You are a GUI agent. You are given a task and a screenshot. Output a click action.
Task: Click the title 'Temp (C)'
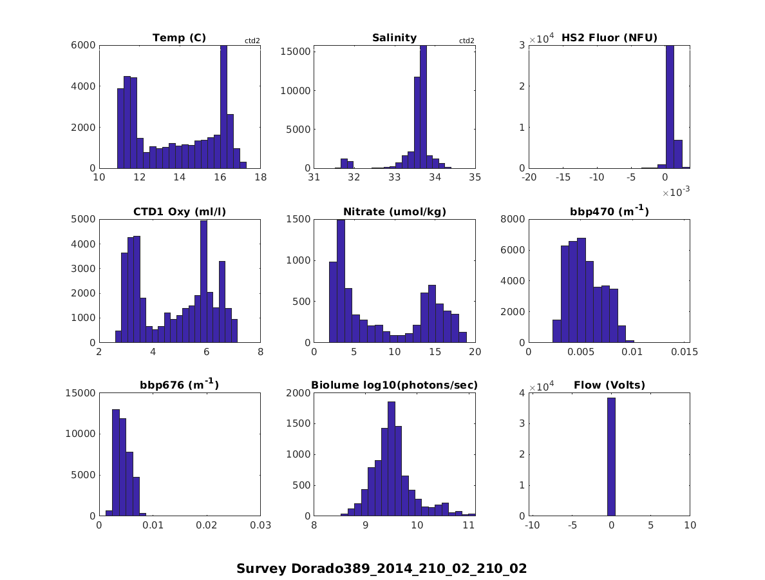coord(179,38)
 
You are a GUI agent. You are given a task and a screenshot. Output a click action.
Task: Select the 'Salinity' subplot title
coord(394,38)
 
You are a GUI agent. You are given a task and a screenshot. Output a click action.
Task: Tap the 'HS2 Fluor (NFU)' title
coord(609,38)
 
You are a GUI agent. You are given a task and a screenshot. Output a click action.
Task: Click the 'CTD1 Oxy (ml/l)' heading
coord(179,212)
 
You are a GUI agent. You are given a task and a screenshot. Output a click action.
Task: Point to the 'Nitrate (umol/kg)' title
coord(394,212)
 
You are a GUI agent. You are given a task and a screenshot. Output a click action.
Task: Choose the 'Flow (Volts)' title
coord(609,386)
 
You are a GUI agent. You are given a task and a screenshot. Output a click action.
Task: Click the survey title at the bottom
coord(381,568)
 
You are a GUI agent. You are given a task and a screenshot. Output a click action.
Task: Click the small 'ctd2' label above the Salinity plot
coord(466,41)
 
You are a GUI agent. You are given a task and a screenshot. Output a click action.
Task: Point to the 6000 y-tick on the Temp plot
coord(85,45)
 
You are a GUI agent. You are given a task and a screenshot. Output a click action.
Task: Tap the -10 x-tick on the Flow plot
coord(532,526)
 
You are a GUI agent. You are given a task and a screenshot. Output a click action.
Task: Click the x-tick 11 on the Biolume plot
coord(469,526)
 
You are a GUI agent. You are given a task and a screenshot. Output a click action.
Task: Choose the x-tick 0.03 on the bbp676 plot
coord(260,526)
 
